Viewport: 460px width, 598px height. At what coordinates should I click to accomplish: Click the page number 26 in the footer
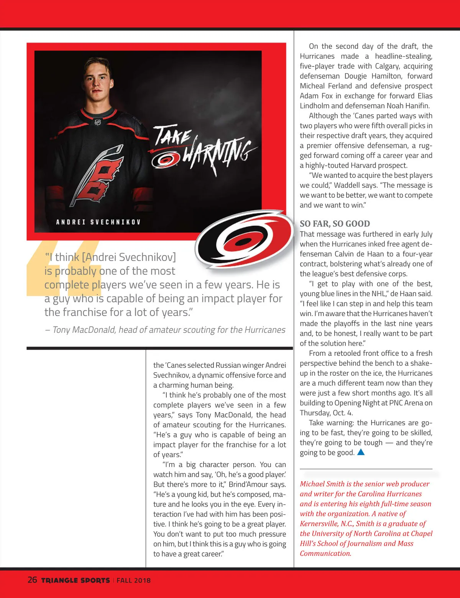click(x=32, y=580)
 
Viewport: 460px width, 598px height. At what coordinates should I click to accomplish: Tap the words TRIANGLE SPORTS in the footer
click(x=76, y=580)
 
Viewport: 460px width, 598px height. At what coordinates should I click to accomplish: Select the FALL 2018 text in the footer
click(x=133, y=580)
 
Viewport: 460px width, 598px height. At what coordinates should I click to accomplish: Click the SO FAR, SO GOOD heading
click(x=335, y=224)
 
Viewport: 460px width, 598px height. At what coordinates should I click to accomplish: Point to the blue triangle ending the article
click(x=361, y=452)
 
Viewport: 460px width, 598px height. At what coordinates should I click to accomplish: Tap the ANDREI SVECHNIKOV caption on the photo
click(x=98, y=222)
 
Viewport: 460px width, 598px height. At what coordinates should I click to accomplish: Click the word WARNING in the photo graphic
click(x=219, y=153)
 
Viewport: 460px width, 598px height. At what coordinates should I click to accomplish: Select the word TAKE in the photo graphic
click(x=172, y=135)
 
